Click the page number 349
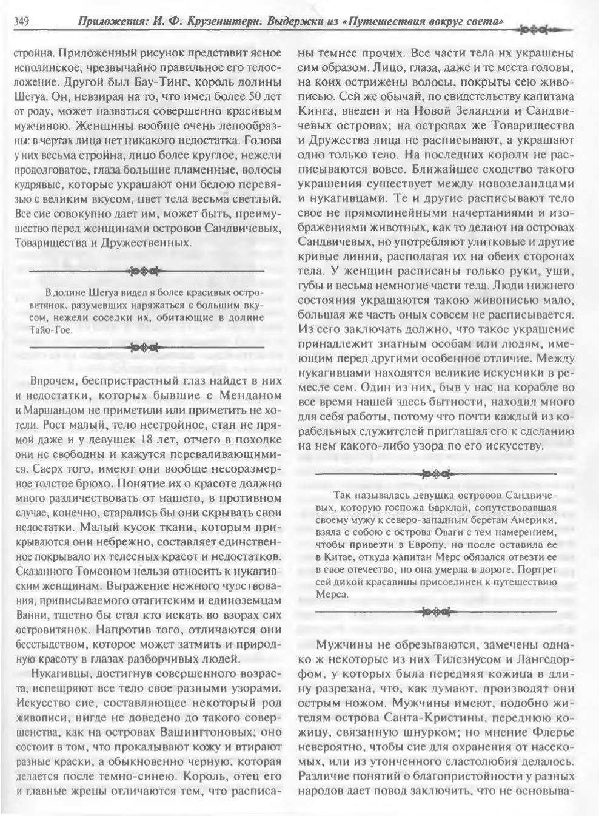point(22,22)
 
